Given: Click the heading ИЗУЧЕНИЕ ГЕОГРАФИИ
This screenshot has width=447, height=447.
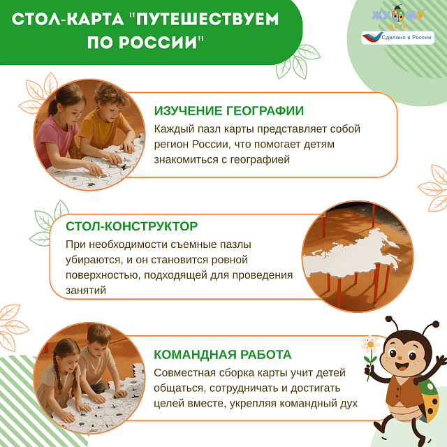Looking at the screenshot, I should click(x=228, y=111).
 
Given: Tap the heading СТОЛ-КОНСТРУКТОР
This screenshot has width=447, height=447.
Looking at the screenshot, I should click(x=131, y=226).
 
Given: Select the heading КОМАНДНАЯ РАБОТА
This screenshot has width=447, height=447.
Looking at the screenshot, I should click(x=222, y=354).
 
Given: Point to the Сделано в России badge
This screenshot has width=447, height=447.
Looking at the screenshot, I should click(x=397, y=38).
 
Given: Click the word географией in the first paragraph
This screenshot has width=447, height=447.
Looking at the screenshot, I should click(x=247, y=160).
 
